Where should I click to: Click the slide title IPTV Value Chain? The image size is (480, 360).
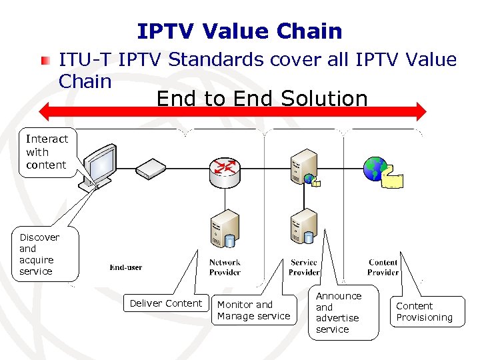tap(239, 31)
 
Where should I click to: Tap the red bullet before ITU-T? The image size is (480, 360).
tap(45, 61)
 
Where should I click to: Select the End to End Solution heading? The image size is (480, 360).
tap(262, 99)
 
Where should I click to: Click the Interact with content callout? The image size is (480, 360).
tap(47, 152)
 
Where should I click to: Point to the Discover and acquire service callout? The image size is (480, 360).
tap(39, 254)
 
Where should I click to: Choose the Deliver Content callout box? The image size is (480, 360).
tap(165, 303)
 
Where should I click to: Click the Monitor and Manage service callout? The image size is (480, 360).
tap(253, 310)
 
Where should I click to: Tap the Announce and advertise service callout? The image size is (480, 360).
tap(339, 312)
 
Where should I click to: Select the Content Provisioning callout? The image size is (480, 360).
tap(425, 311)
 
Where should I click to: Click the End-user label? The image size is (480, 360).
tap(126, 267)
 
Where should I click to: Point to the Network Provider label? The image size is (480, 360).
tap(225, 267)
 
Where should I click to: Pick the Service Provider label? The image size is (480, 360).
tap(304, 267)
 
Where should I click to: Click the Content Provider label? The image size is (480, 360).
tap(383, 267)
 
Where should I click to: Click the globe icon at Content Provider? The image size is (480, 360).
tap(375, 169)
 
